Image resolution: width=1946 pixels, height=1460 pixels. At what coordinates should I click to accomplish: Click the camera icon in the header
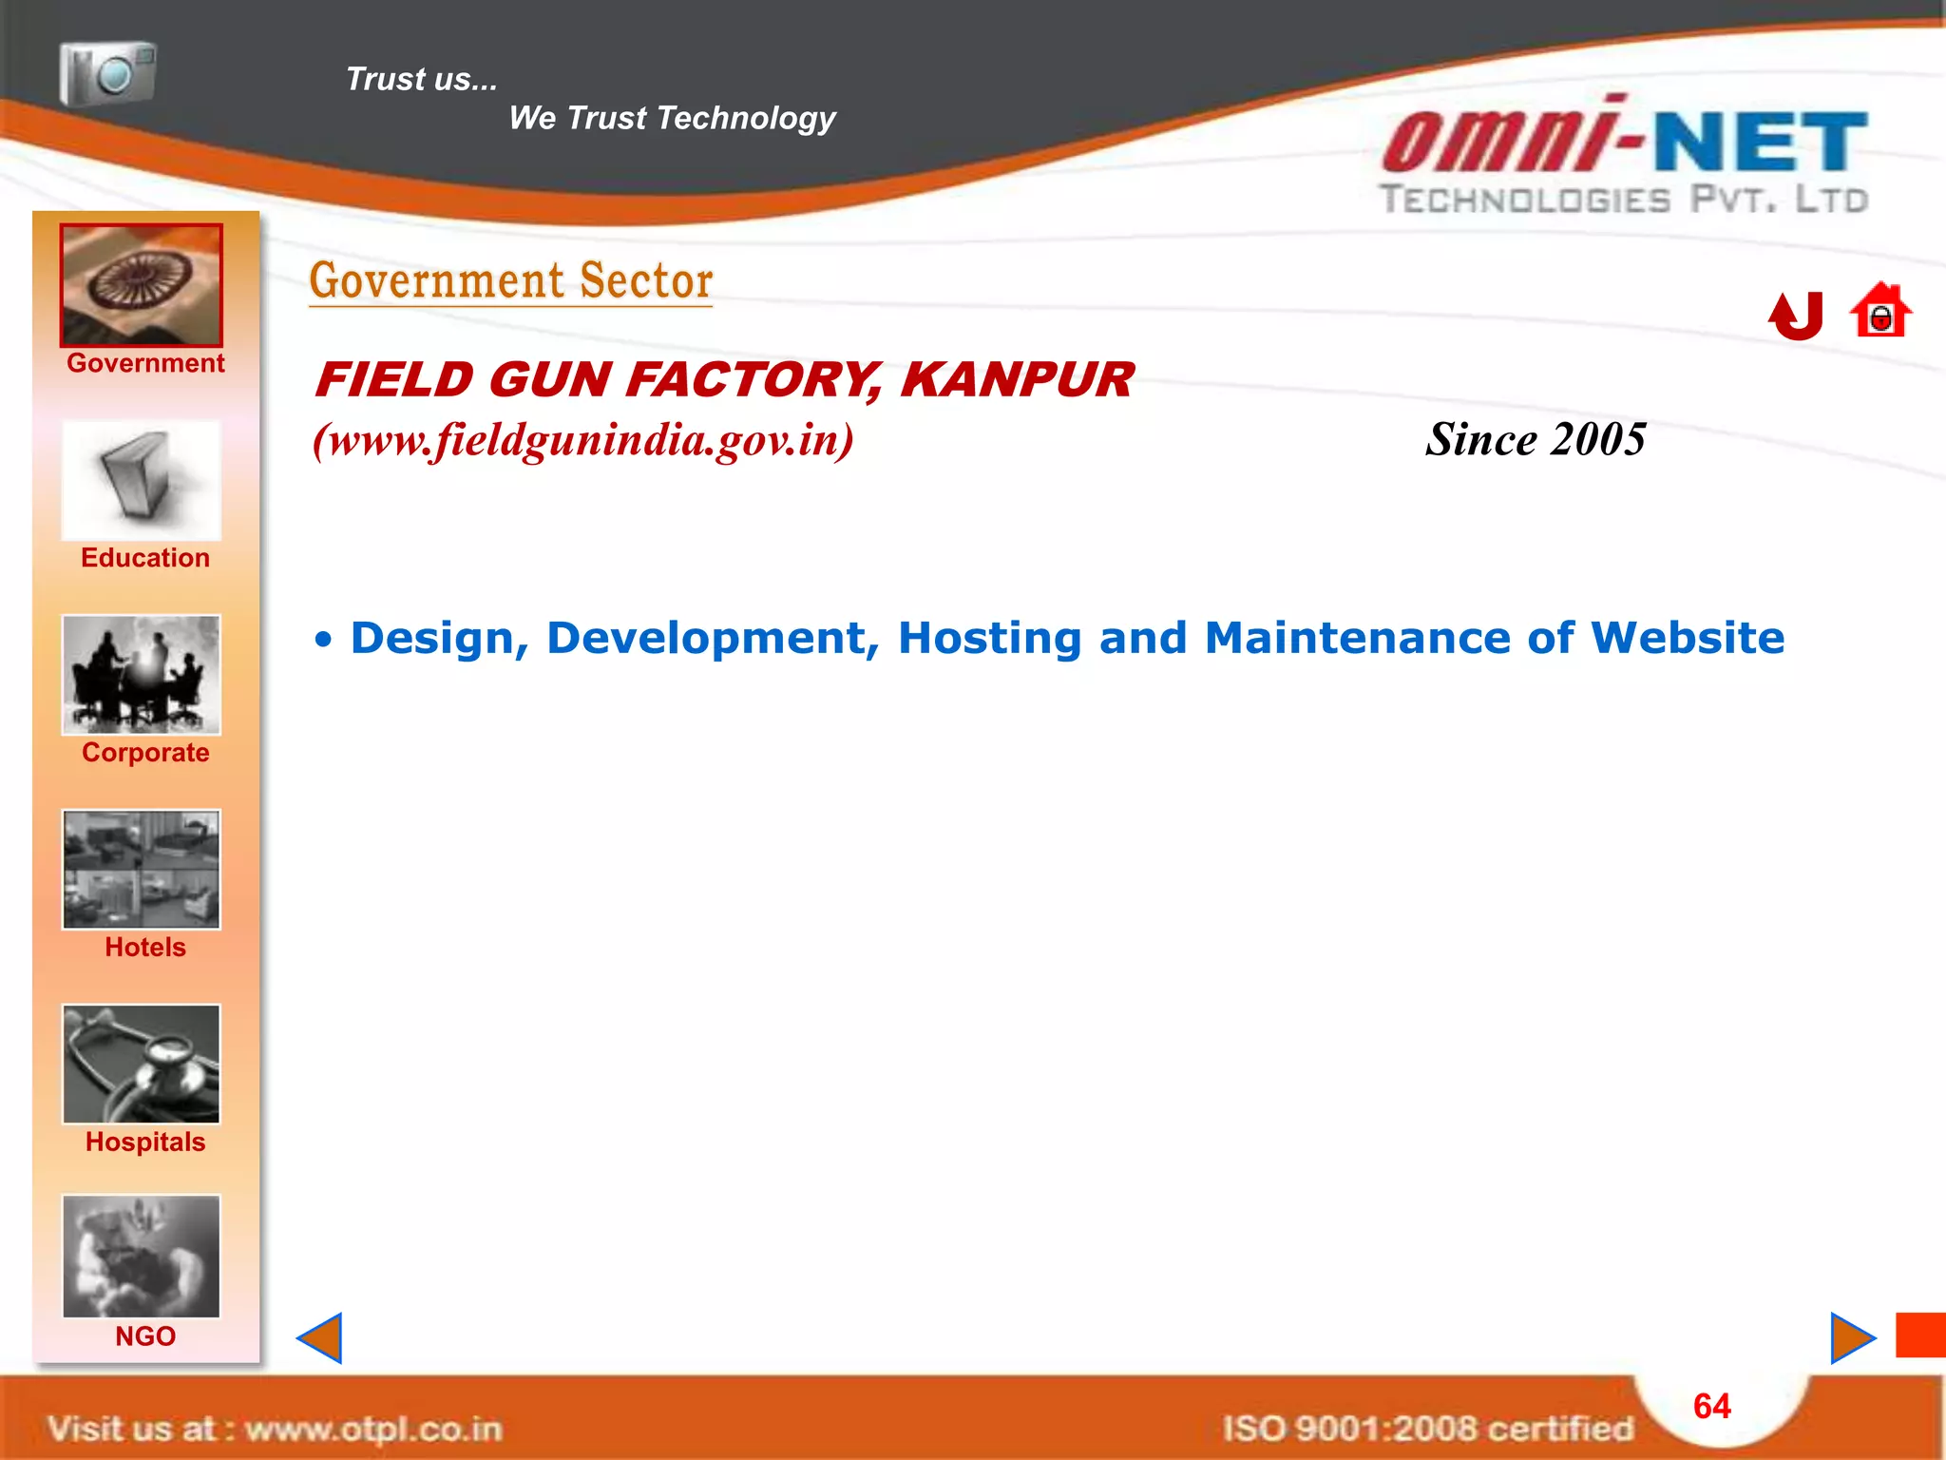107,73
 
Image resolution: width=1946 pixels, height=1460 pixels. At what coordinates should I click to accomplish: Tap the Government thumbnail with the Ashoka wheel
142,285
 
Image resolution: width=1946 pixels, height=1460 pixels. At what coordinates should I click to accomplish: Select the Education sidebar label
145,558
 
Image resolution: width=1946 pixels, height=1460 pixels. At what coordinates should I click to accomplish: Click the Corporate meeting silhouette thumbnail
142,675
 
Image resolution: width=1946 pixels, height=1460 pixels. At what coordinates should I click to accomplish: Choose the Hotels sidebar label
145,948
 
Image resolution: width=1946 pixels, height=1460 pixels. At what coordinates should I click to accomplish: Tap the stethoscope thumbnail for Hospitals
142,1065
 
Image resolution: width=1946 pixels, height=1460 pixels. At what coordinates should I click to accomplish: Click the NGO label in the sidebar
145,1336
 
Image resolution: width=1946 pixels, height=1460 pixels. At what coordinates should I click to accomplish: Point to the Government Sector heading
511,281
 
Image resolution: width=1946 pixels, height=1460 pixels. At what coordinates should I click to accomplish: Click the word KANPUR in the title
1017,380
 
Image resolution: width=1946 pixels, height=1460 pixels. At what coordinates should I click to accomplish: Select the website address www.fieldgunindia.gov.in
583,440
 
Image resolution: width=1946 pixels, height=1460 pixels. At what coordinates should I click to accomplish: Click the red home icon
1880,311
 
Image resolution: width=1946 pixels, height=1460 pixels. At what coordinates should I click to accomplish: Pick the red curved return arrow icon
1796,316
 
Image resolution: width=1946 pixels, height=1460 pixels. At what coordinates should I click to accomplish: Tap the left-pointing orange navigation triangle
320,1338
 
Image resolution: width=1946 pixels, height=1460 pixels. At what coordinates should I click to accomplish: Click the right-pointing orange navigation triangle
1851,1338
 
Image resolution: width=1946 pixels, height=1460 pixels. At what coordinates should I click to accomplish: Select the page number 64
1712,1407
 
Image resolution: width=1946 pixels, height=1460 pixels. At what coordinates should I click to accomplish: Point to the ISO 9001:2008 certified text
1427,1429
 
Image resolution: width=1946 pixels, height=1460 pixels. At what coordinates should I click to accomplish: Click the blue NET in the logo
1761,143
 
